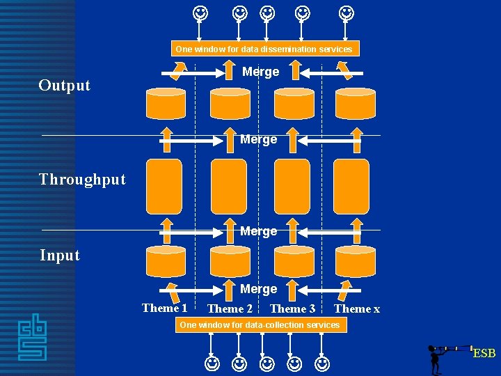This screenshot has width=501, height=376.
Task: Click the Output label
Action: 65,86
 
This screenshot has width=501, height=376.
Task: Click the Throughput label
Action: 83,180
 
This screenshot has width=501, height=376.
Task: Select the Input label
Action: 60,256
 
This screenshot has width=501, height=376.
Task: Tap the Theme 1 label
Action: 165,308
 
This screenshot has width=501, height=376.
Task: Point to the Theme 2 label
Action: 230,308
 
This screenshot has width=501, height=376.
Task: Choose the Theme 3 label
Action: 292,308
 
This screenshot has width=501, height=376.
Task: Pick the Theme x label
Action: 357,308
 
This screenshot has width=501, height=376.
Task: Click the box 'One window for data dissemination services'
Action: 264,49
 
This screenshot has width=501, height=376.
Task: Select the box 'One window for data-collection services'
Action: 260,325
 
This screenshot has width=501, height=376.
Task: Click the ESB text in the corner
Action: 484,354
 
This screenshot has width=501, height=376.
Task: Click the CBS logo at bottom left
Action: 32,337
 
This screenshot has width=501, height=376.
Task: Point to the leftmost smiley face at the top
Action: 200,13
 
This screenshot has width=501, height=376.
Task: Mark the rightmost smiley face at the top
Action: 346,13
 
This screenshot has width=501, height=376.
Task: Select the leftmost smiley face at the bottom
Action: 212,363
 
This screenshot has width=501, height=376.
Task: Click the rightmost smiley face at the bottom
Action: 322,363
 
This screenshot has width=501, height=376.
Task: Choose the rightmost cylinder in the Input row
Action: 355,261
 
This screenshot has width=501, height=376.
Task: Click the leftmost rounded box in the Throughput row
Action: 164,186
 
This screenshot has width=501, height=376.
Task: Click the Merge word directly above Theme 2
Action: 259,288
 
